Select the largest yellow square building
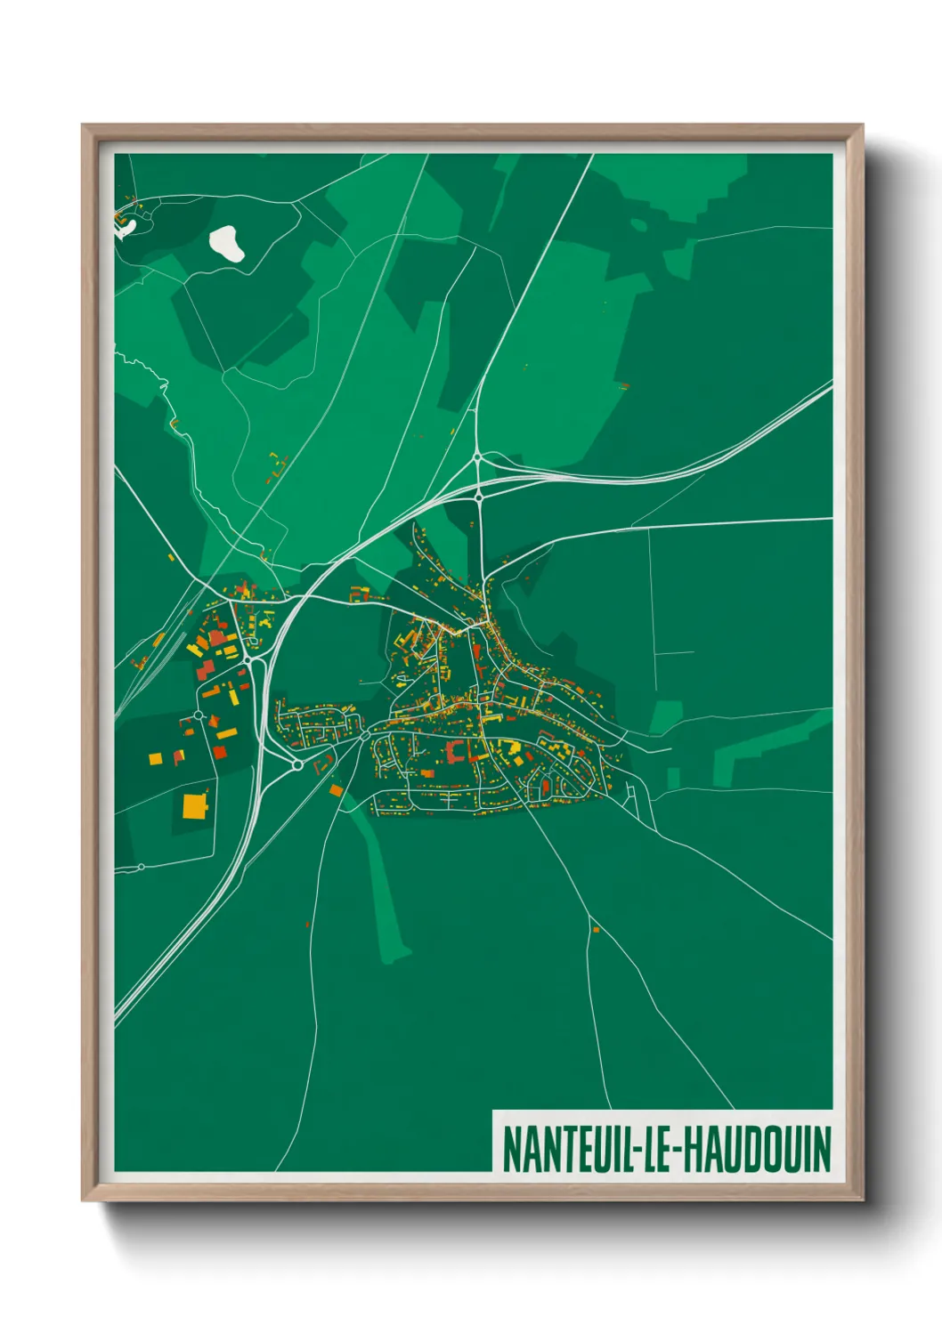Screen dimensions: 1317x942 194,806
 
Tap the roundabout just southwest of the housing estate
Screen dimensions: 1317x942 297,764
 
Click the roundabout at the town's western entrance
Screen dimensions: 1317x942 365,734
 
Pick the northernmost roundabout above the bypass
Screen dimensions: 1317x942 478,457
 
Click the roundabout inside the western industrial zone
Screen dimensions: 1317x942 199,715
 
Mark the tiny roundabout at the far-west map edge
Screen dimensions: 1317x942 141,866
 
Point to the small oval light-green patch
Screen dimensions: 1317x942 638,224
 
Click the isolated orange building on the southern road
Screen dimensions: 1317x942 596,929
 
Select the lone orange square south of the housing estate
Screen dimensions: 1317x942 336,789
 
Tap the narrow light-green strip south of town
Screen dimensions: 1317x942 383,890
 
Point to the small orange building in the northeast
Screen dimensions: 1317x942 623,386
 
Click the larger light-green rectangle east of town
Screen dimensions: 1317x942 665,716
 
